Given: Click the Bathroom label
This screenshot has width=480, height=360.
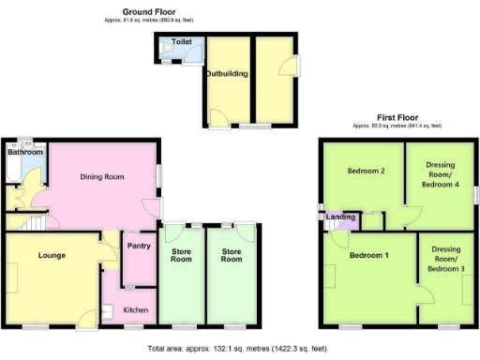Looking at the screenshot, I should coord(24,151).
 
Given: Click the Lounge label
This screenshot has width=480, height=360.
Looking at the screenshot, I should coord(51,254).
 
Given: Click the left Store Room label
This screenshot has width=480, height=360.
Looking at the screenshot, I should coord(181,254).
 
